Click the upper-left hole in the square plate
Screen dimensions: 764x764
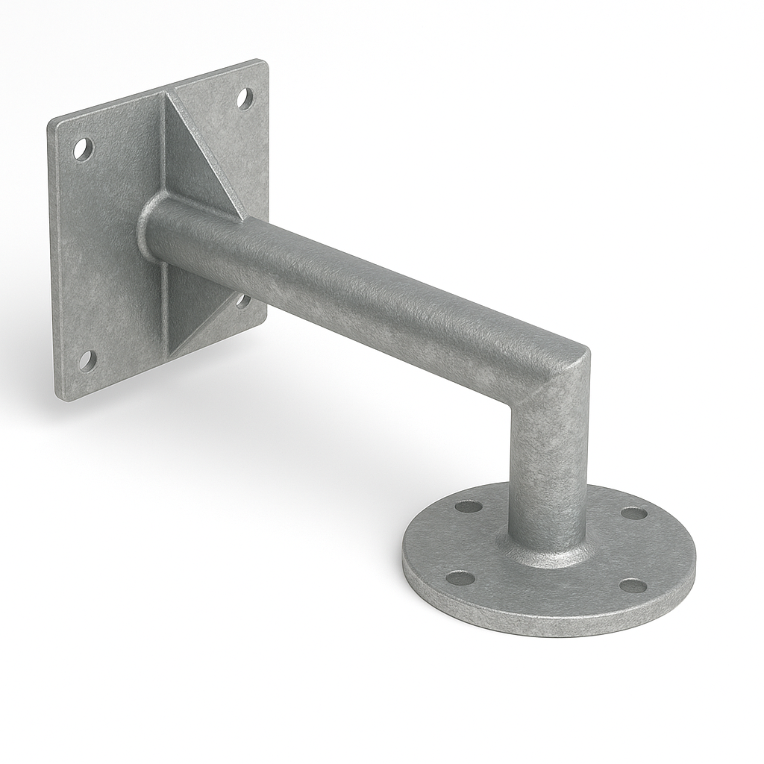83,149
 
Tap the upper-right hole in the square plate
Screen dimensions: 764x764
245,98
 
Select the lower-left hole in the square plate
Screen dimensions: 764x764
87,360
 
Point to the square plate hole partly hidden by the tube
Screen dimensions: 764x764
243,301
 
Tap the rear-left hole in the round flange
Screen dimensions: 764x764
469,507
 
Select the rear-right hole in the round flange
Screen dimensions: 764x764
634,513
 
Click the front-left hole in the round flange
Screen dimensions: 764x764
460,577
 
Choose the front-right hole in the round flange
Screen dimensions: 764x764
633,586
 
